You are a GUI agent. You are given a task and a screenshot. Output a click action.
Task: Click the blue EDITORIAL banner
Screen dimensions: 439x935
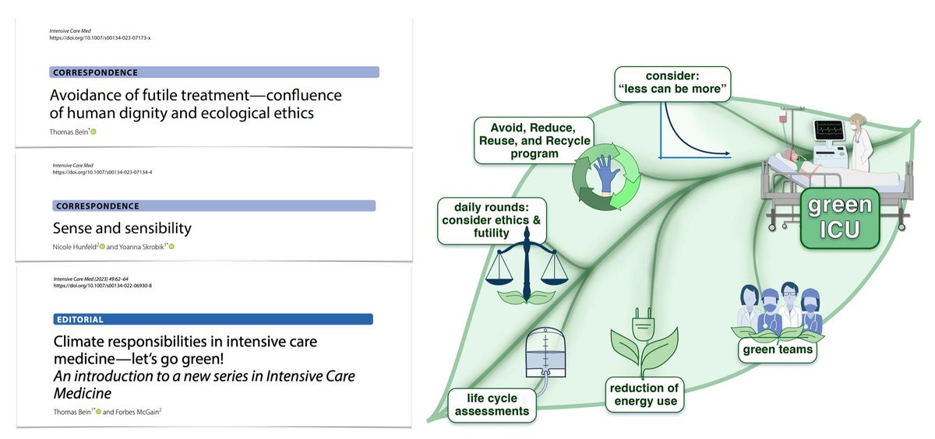point(210,319)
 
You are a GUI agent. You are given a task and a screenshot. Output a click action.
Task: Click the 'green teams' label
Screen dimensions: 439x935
point(777,349)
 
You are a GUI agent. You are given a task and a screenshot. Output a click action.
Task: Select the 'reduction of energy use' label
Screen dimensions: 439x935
point(644,395)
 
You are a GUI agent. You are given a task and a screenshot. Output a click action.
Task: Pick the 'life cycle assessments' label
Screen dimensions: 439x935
point(492,404)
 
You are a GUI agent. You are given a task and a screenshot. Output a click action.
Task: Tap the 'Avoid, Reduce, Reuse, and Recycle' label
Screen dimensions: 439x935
point(534,139)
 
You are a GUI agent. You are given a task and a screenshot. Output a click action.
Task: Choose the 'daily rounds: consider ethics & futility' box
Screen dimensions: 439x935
point(489,222)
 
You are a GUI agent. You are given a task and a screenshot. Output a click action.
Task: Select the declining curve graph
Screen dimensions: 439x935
point(693,128)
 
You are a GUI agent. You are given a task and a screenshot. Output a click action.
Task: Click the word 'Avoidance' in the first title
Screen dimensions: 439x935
point(89,96)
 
